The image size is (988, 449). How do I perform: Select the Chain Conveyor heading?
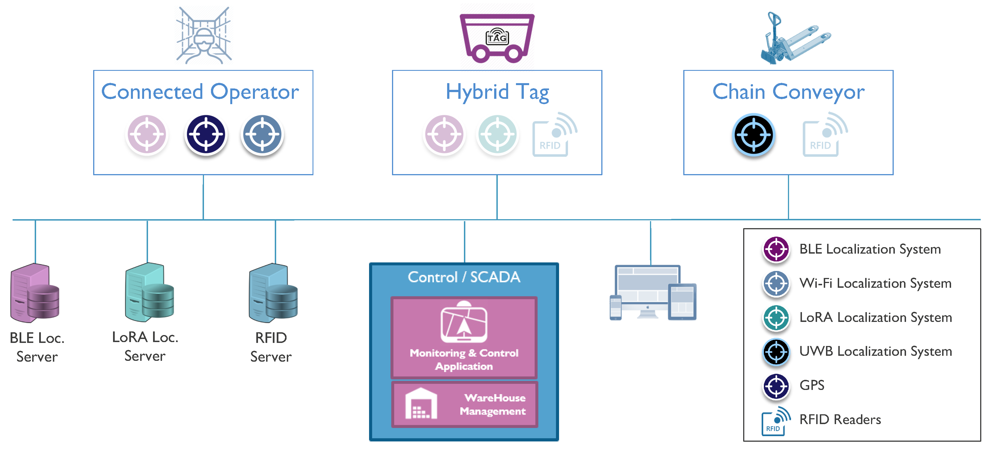tap(788, 92)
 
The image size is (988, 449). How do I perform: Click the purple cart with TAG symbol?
tap(497, 38)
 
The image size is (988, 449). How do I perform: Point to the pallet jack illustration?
tap(794, 38)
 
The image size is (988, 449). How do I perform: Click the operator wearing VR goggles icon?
tap(204, 35)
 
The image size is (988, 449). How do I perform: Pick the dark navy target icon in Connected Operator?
tap(206, 135)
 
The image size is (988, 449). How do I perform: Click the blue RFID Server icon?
tap(273, 293)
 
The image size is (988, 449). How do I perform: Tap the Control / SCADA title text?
tap(464, 277)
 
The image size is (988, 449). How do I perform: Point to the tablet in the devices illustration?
tap(682, 302)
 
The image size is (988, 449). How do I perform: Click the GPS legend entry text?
tap(811, 385)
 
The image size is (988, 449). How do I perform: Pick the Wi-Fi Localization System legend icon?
tap(776, 284)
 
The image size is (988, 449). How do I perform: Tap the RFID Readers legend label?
tap(840, 419)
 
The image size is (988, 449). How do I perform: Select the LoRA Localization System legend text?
tap(875, 317)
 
